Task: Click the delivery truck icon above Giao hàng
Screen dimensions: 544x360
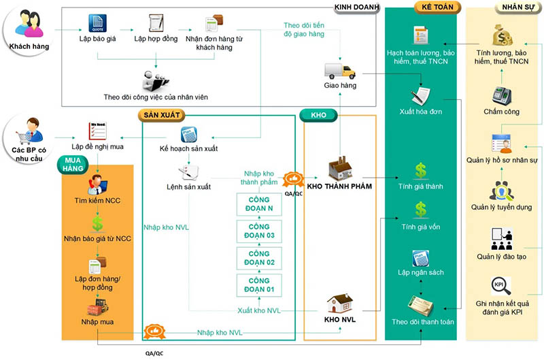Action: click(340, 71)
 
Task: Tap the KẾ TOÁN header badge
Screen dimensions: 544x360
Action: click(437, 7)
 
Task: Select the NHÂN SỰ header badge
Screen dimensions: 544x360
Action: click(518, 7)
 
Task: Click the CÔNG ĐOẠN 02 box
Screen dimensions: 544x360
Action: click(259, 258)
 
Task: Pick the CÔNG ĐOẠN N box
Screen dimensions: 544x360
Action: click(259, 204)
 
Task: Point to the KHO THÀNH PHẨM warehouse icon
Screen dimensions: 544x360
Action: click(341, 168)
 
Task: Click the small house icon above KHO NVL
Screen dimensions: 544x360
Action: click(340, 304)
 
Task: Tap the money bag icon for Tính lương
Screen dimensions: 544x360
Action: click(503, 35)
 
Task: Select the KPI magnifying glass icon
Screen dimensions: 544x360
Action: click(501, 286)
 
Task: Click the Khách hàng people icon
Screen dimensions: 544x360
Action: click(29, 24)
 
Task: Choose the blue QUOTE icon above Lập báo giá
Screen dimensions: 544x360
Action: click(97, 23)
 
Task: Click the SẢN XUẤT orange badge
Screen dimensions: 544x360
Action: click(162, 115)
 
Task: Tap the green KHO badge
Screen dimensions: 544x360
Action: click(318, 115)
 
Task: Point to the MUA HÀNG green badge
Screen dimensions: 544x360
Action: click(73, 165)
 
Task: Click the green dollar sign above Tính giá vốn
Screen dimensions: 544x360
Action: click(421, 210)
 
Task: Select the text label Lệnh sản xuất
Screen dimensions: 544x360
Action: click(189, 186)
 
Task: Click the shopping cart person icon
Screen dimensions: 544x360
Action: click(29, 131)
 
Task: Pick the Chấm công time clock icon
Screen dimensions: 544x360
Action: click(502, 95)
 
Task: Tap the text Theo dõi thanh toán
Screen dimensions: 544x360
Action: click(423, 322)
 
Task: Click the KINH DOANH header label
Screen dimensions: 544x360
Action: click(356, 7)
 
